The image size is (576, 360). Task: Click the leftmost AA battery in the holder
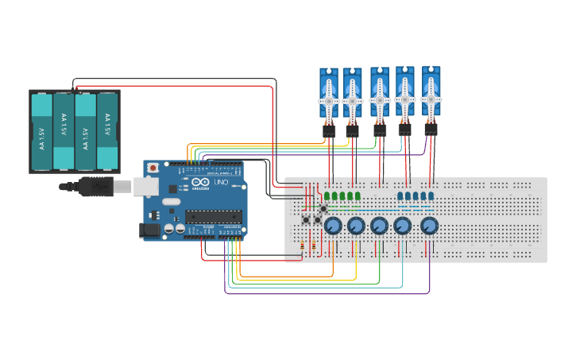pos(41,130)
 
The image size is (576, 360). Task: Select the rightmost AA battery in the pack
pos(107,130)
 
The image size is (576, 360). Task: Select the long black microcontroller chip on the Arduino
pos(214,217)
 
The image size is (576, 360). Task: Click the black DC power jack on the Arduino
pos(149,230)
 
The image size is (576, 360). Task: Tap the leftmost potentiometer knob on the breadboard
pos(333,226)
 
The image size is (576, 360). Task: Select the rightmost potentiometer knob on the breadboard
pos(429,226)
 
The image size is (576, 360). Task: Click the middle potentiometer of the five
pos(380,226)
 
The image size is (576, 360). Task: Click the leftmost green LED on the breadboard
pos(327,195)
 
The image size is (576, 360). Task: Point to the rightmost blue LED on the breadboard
pos(431,195)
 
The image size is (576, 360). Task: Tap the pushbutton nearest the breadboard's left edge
pos(306,219)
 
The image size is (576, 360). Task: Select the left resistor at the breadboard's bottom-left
pos(303,247)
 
